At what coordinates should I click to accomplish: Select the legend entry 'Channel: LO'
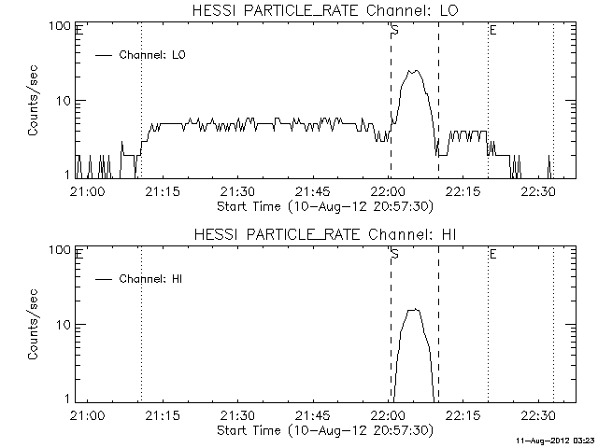pyautogui.click(x=153, y=55)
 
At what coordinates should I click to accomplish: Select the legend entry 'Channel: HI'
pyautogui.click(x=153, y=279)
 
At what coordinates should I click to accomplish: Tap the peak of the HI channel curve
pyautogui.click(x=414, y=309)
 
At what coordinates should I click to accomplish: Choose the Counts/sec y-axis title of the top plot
pyautogui.click(x=34, y=101)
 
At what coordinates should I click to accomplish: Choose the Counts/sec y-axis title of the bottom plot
pyautogui.click(x=34, y=325)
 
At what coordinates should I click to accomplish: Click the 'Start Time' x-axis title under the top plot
pyautogui.click(x=323, y=206)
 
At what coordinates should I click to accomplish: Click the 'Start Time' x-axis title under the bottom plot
pyautogui.click(x=323, y=430)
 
